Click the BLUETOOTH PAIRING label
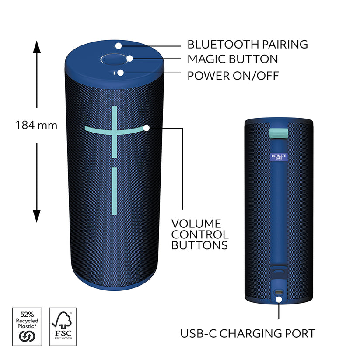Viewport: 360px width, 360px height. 248,45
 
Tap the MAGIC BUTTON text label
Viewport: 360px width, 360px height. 233,59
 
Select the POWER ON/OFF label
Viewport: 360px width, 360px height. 233,76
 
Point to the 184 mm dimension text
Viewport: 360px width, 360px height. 36,126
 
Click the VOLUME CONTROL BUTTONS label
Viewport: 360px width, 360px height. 200,234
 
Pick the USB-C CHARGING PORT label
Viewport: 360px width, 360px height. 248,334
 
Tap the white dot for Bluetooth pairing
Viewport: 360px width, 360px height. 119,46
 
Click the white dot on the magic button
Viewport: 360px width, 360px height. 130,59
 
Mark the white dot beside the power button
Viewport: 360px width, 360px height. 121,73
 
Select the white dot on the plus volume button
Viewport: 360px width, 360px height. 147,128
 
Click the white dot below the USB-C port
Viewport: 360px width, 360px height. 279,299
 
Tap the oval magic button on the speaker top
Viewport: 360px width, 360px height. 114,59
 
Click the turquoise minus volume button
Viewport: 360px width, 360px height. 114,191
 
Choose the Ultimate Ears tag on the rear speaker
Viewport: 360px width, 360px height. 279,157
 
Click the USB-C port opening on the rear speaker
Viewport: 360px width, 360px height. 279,292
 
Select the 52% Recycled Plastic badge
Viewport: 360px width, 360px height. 27,327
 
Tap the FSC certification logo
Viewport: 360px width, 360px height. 63,327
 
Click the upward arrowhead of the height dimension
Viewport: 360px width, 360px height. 37,47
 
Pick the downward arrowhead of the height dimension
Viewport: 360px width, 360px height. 37,216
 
